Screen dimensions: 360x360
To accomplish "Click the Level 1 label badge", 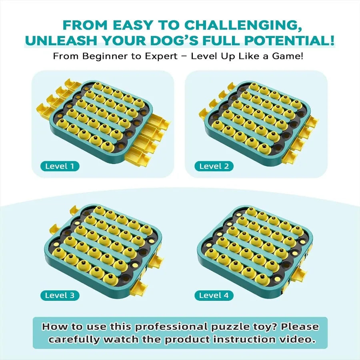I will pyautogui.click(x=60, y=166).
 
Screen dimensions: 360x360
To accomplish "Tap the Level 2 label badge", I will pyautogui.click(x=214, y=166).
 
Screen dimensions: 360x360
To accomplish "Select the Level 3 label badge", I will pyautogui.click(x=60, y=296).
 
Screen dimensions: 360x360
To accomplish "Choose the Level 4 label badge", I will pyautogui.click(x=214, y=296).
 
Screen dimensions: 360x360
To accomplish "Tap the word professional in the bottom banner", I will pyautogui.click(x=173, y=327).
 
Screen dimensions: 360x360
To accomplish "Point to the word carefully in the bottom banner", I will pyautogui.click(x=74, y=340).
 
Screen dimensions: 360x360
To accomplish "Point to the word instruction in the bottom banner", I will pyautogui.click(x=232, y=340).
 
